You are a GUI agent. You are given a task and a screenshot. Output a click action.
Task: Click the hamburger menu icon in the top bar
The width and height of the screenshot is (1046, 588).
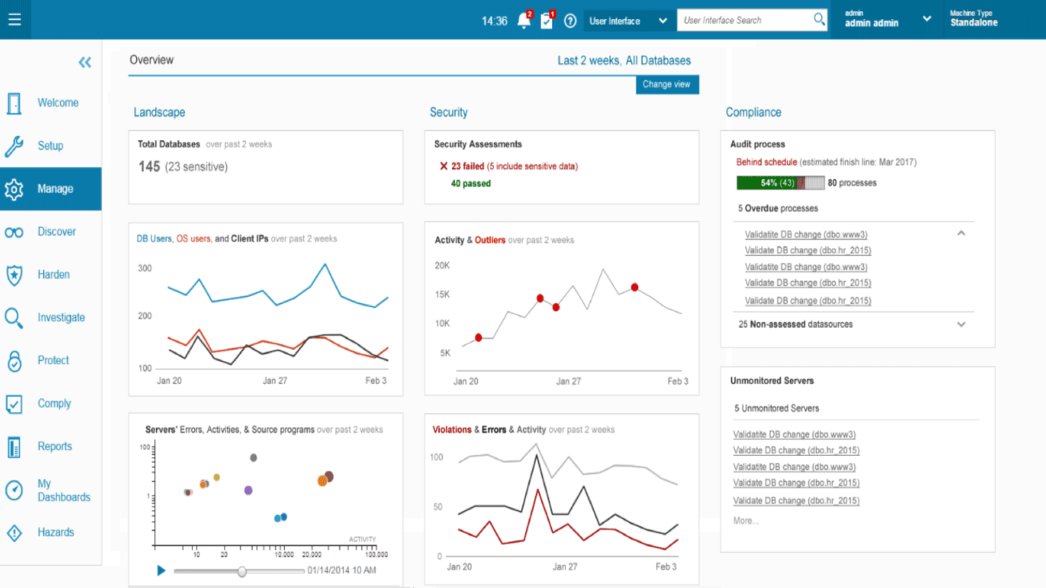pos(14,20)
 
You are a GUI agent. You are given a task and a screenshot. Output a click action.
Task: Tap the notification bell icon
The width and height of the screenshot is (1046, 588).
pos(524,21)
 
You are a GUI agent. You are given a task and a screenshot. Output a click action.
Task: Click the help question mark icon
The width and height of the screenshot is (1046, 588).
pos(570,21)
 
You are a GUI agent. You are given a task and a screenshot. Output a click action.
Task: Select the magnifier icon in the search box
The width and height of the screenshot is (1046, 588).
pos(820,20)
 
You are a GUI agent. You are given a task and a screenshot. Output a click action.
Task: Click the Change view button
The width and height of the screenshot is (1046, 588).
pos(667,85)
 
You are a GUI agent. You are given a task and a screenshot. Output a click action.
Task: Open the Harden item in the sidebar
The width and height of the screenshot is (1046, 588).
pos(53,274)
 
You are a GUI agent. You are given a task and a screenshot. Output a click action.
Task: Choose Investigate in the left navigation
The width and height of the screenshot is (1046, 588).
pos(60,318)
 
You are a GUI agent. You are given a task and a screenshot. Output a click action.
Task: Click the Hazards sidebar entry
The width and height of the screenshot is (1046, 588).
pos(56,533)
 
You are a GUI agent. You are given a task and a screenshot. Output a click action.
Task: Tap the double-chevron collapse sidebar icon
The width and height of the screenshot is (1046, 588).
pos(85,63)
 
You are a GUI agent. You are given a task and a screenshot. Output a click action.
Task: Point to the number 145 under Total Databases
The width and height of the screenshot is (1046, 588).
pos(149,166)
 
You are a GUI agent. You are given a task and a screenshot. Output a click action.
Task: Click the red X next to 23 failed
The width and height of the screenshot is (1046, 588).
pos(443,166)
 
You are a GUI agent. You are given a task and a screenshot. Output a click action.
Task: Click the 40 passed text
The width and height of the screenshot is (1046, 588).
pos(470,183)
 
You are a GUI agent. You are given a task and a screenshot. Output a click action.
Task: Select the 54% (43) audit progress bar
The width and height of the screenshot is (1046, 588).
pos(779,183)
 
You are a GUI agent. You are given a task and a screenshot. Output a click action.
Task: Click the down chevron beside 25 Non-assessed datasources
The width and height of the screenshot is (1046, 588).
pos(961,324)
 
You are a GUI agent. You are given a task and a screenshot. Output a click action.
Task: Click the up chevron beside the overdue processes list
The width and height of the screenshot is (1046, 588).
pos(961,233)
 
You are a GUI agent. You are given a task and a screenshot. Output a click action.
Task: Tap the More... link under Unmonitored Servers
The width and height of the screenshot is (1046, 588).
pos(746,521)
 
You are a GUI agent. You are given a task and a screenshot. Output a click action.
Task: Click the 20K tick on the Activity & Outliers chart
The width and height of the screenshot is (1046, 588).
pos(442,266)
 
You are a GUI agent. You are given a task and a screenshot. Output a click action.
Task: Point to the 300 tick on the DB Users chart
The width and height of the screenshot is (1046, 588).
pos(144,269)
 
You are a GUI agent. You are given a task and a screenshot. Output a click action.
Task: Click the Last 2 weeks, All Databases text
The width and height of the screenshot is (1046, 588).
pos(623,60)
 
